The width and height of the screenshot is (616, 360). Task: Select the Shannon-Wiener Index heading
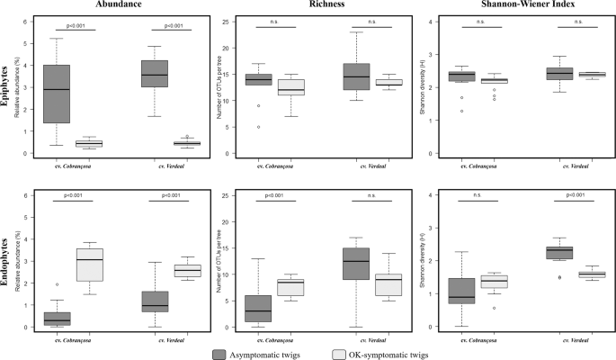[513, 5]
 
